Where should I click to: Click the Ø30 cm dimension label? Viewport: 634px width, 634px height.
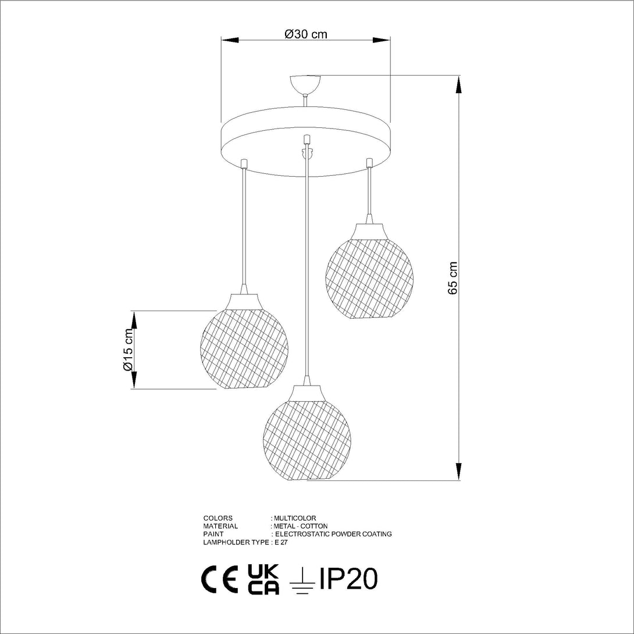pyautogui.click(x=306, y=34)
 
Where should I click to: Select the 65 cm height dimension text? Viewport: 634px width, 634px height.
pyautogui.click(x=453, y=278)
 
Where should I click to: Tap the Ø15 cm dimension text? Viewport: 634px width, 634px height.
pyautogui.click(x=128, y=350)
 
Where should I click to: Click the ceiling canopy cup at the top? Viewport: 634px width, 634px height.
pyautogui.click(x=306, y=84)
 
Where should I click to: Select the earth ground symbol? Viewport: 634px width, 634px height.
pyautogui.click(x=302, y=582)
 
